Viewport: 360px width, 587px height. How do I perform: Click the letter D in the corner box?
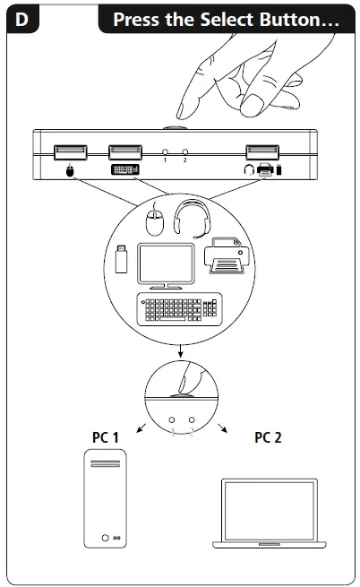[x=20, y=19]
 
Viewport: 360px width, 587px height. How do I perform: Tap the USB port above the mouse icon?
[x=69, y=153]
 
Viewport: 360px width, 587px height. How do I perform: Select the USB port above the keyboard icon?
[x=124, y=153]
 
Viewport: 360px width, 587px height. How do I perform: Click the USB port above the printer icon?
[x=263, y=153]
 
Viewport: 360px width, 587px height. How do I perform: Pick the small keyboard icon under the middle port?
[x=124, y=170]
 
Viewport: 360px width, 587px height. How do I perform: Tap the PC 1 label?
[x=105, y=437]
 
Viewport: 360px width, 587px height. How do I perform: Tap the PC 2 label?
[x=267, y=437]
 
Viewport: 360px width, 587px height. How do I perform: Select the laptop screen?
[x=269, y=509]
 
